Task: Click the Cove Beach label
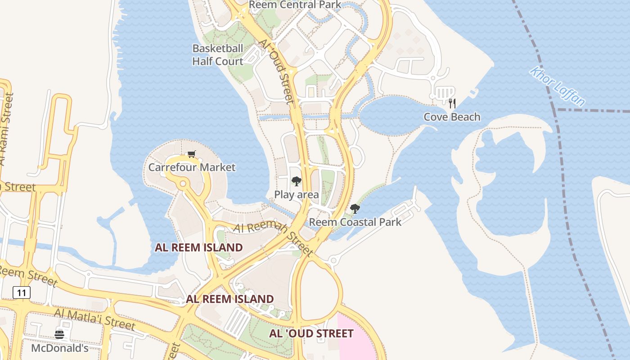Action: [x=452, y=117]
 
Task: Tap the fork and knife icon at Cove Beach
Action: [x=452, y=103]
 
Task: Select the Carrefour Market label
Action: [x=192, y=167]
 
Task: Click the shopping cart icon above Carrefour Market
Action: [x=192, y=154]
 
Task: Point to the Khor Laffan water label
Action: [x=557, y=86]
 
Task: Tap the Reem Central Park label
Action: [x=295, y=5]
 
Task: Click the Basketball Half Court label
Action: [x=218, y=55]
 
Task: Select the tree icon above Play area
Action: [x=296, y=181]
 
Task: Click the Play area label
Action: [x=297, y=195]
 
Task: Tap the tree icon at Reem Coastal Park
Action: [x=355, y=208]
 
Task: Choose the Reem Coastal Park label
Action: [x=355, y=222]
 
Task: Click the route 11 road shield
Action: [x=22, y=293]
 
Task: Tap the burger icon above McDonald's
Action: [x=59, y=334]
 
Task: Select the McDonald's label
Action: [x=59, y=348]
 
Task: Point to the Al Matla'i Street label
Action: [x=94, y=319]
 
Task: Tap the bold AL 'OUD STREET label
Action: [x=311, y=333]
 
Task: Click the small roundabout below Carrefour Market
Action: [x=183, y=184]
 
